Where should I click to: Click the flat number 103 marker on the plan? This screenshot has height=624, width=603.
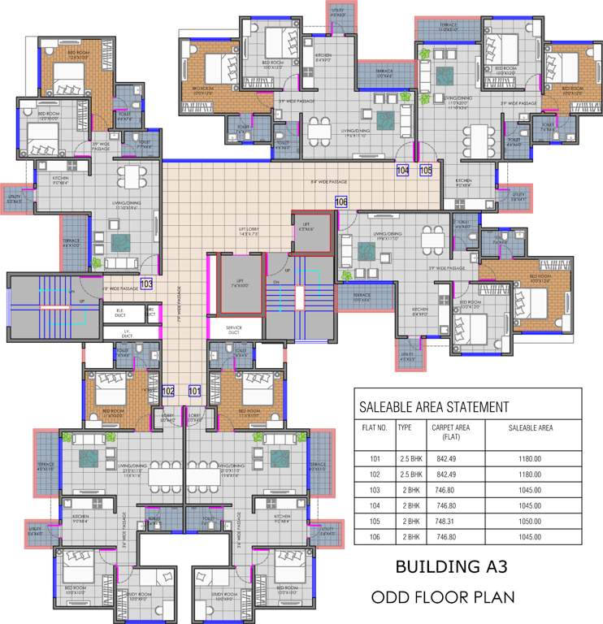point(146,284)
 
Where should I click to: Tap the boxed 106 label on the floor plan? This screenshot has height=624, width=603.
point(341,201)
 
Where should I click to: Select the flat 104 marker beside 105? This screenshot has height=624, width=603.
point(402,171)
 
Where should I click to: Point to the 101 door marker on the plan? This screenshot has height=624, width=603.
point(194,391)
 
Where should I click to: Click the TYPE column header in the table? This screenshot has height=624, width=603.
point(405,426)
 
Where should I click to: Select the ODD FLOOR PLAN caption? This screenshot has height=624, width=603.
point(443,598)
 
